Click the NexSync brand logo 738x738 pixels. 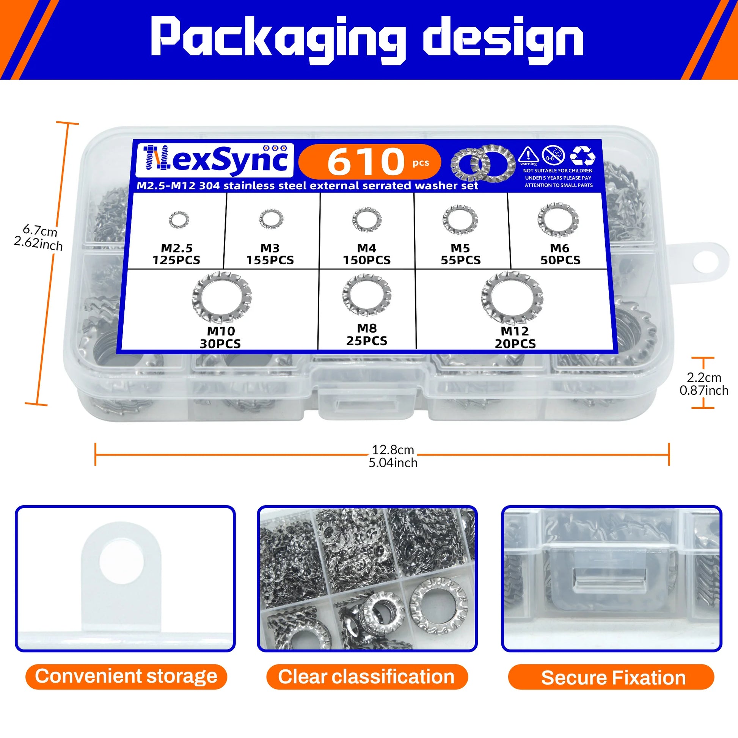click(215, 160)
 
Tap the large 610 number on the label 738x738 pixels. click(366, 162)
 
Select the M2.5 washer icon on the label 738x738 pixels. click(178, 220)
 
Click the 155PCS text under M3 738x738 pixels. click(270, 260)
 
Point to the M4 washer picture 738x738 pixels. click(367, 220)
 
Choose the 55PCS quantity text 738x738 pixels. click(460, 260)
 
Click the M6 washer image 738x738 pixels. click(558, 220)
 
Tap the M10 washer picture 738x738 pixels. click(221, 297)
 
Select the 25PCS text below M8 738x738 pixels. click(367, 341)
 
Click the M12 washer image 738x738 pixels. click(512, 297)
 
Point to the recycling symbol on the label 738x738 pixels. click(582, 155)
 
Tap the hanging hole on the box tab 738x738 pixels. click(705, 263)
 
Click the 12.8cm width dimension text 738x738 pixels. click(393, 450)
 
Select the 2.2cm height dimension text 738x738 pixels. click(703, 377)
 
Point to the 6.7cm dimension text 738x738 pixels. click(40, 231)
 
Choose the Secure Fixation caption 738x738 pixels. click(613, 677)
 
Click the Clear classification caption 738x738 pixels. click(366, 677)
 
